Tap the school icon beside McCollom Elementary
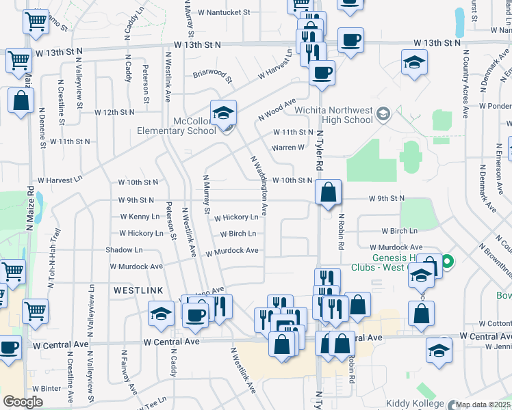pyautogui.click(x=223, y=113)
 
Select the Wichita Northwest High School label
pyautogui.click(x=333, y=115)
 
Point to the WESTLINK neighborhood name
pyautogui.click(x=138, y=290)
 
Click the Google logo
pyautogui.click(x=23, y=402)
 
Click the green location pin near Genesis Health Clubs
pyautogui.click(x=448, y=261)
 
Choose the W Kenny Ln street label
pyautogui.click(x=140, y=217)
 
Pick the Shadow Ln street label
pyautogui.click(x=124, y=250)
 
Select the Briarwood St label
pyautogui.click(x=212, y=74)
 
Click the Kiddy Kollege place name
pyautogui.click(x=415, y=403)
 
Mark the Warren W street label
pyautogui.click(x=288, y=147)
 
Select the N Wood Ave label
pyautogui.click(x=277, y=110)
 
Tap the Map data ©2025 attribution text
pyautogui.click(x=483, y=405)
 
